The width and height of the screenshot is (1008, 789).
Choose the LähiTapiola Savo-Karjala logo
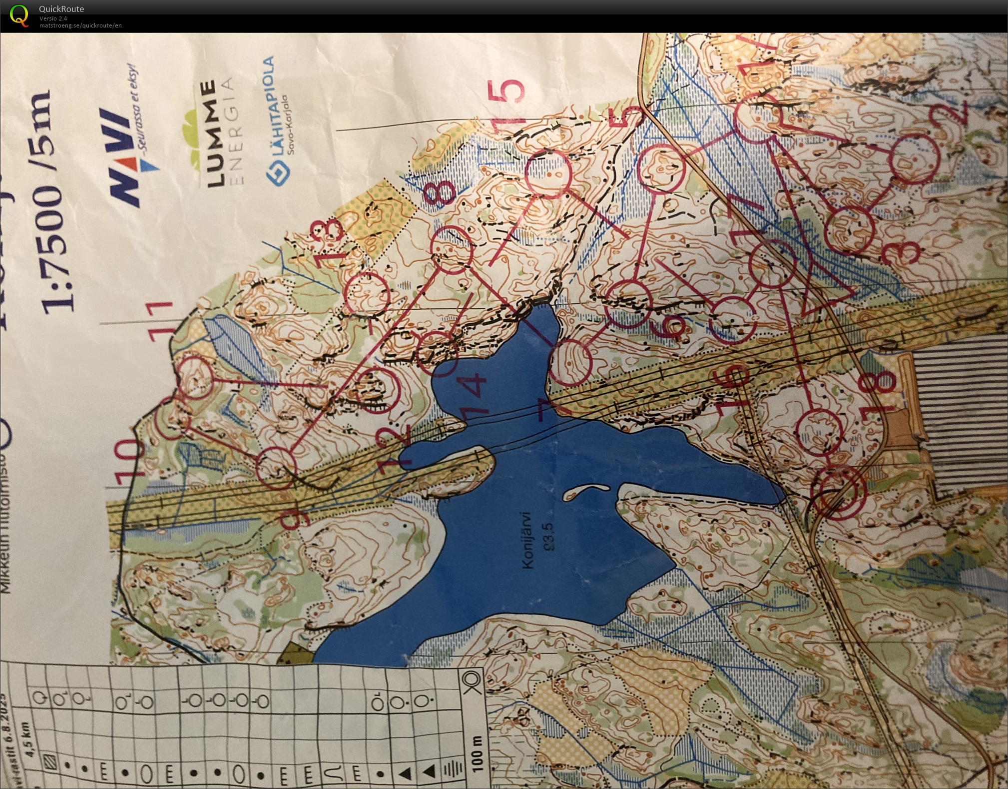pyautogui.click(x=277, y=120)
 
